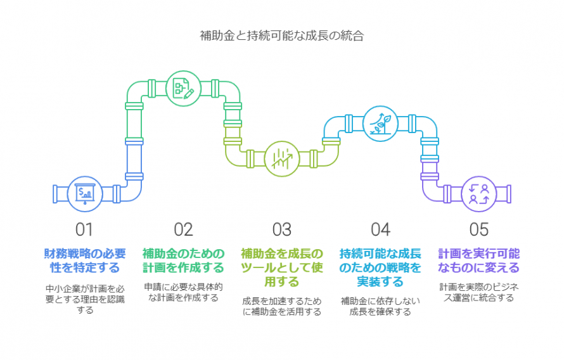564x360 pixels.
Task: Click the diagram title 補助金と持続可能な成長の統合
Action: [x=281, y=36]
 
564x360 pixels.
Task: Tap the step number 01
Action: [x=84, y=229]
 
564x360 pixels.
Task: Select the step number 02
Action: [x=183, y=229]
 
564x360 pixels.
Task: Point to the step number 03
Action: [x=281, y=229]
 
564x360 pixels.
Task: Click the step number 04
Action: [x=380, y=229]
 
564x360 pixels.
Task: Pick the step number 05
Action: [x=479, y=229]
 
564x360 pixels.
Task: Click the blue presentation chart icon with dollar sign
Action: [x=84, y=193]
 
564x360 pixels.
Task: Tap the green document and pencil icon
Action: [x=183, y=89]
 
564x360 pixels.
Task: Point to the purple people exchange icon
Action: [x=479, y=193]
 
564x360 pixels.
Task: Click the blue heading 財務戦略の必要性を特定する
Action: [x=84, y=260]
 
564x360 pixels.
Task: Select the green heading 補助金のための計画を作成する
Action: [x=183, y=260]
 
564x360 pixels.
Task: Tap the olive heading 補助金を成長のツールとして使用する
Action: [x=281, y=267]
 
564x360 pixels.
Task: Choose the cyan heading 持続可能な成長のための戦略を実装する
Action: [x=380, y=267]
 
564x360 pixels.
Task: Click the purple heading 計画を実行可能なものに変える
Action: [x=479, y=260]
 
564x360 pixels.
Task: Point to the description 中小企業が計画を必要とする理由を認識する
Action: [x=84, y=299]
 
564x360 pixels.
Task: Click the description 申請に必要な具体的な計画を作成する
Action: [x=183, y=292]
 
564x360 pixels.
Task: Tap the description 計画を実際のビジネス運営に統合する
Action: [x=479, y=292]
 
